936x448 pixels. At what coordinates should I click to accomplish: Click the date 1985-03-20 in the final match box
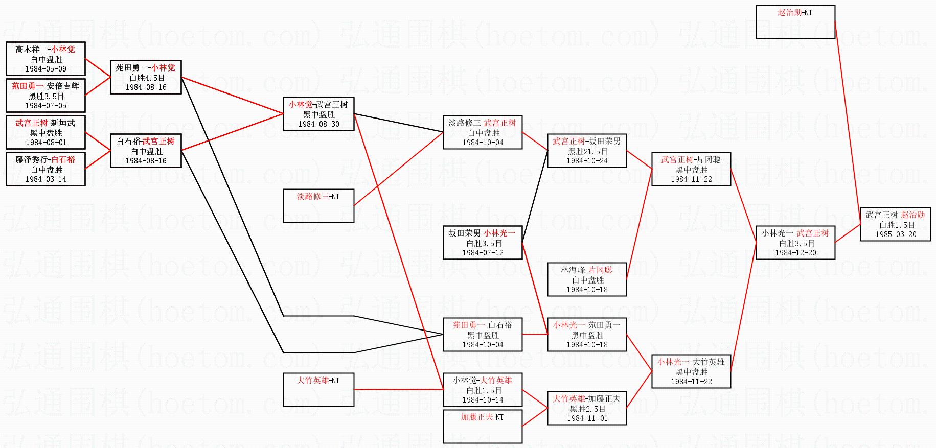pyautogui.click(x=895, y=234)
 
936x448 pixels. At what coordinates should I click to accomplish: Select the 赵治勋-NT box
pyautogui.click(x=795, y=21)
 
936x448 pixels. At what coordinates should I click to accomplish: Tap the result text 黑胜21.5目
pyautogui.click(x=587, y=151)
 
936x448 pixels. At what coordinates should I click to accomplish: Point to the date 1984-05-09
pyautogui.click(x=45, y=69)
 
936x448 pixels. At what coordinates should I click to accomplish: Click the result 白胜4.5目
pyautogui.click(x=146, y=78)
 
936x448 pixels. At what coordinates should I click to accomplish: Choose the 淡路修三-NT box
pyautogui.click(x=318, y=205)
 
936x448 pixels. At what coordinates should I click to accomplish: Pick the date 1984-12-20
pyautogui.click(x=795, y=253)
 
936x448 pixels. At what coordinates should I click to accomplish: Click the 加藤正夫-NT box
pyautogui.click(x=482, y=426)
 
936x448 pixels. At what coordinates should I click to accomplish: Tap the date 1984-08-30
pyautogui.click(x=318, y=124)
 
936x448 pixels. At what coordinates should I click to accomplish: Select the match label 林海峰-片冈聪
pyautogui.click(x=587, y=270)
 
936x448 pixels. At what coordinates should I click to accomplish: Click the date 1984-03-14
pyautogui.click(x=45, y=179)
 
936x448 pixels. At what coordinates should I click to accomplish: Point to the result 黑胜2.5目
pyautogui.click(x=587, y=409)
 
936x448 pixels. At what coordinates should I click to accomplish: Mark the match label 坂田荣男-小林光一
pyautogui.click(x=482, y=233)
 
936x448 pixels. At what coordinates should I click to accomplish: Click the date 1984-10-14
pyautogui.click(x=483, y=400)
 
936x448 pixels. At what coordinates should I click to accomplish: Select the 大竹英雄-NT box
pyautogui.click(x=318, y=389)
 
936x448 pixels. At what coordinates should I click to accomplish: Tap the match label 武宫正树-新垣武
pyautogui.click(x=45, y=123)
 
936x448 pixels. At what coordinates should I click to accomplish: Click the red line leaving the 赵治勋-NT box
pyautogui.click(x=848, y=123)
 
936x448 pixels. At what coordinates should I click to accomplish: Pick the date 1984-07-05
pyautogui.click(x=45, y=106)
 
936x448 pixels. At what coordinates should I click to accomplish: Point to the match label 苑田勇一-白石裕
pyautogui.click(x=482, y=325)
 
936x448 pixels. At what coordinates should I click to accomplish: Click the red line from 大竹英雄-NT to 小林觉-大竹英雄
pyautogui.click(x=399, y=390)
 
